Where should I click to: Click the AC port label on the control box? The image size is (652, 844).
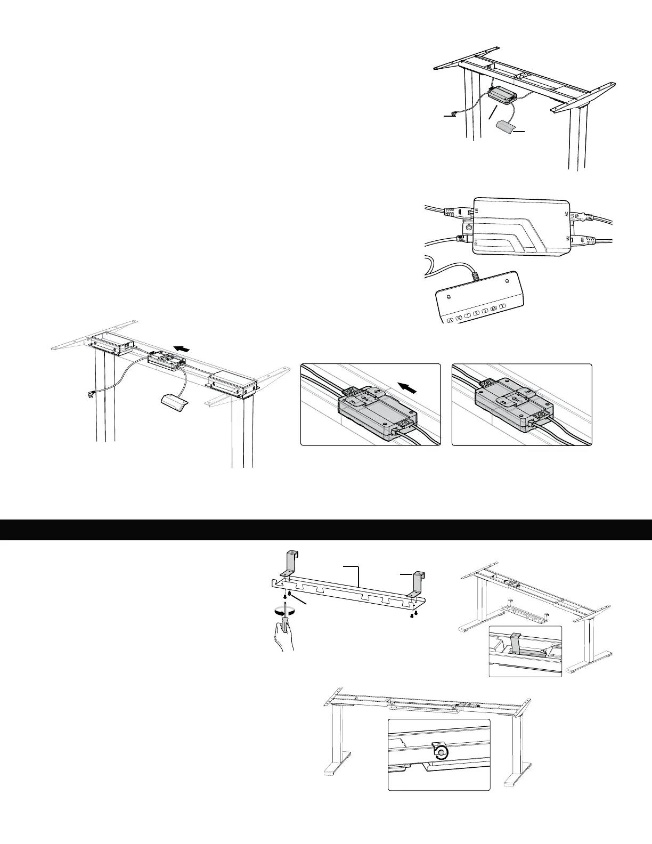click(x=567, y=214)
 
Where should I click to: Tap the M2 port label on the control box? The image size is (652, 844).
click(x=567, y=238)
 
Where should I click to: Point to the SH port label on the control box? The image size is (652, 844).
click(x=476, y=244)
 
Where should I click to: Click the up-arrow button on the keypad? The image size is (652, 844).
click(x=450, y=320)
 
